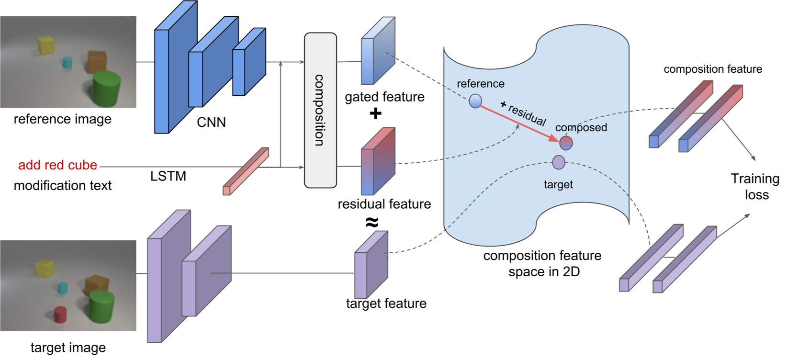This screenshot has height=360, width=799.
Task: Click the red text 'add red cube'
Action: tap(57, 165)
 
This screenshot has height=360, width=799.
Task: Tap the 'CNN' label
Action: tap(211, 123)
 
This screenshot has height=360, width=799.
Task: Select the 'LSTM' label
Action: tap(168, 176)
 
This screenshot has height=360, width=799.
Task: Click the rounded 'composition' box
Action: tap(320, 110)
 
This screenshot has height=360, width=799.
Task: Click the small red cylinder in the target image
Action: tap(60, 315)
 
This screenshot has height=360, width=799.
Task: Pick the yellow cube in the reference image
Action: tap(46, 46)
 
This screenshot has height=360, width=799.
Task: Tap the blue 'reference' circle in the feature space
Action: tap(475, 101)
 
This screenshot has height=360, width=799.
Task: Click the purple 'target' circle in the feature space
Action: tap(559, 162)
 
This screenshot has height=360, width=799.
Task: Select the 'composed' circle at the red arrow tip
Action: tap(566, 143)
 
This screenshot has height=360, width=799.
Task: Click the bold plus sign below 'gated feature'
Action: tap(375, 113)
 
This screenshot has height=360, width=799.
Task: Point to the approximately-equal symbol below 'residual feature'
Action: tap(372, 222)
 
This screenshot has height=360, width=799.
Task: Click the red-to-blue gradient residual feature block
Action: tap(378, 162)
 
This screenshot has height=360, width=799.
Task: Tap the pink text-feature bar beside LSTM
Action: tap(246, 171)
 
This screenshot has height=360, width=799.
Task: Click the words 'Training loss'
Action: tap(755, 186)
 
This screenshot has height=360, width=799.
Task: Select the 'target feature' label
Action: tap(386, 304)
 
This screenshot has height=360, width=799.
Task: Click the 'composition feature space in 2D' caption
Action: tap(542, 263)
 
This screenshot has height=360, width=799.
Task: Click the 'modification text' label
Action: tap(62, 186)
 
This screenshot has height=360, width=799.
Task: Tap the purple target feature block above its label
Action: tap(371, 265)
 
